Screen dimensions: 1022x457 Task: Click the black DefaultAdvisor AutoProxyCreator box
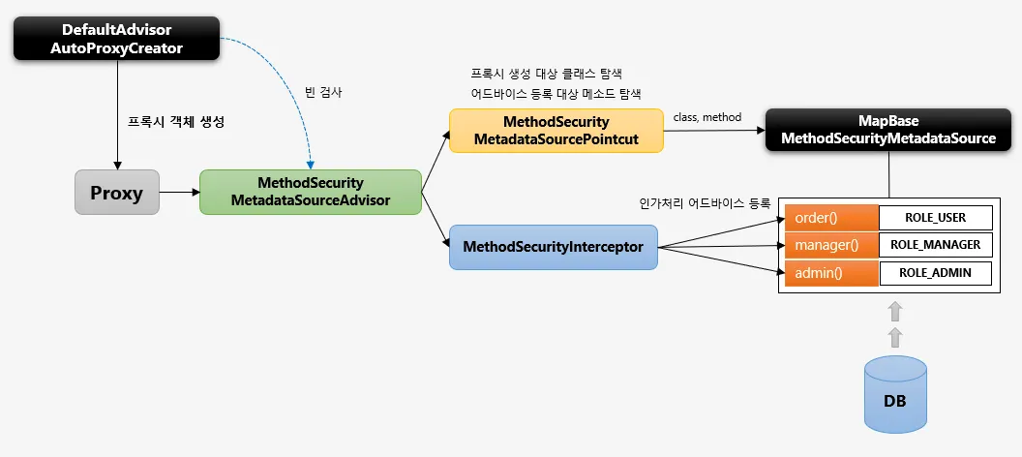(117, 39)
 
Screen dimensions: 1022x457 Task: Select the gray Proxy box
(117, 193)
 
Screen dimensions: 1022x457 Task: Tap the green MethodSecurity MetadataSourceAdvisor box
(311, 193)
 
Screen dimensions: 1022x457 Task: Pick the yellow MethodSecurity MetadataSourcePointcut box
(556, 131)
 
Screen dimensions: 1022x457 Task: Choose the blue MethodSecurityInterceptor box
(554, 247)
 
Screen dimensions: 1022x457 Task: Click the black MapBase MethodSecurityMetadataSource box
(888, 131)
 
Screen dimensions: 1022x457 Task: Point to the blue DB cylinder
(895, 395)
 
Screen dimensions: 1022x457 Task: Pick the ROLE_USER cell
(935, 218)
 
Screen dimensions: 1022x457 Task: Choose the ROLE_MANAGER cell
(935, 245)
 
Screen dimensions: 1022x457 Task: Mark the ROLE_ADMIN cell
(935, 273)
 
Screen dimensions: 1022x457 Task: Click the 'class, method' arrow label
(707, 117)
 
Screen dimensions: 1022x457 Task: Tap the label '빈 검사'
(323, 93)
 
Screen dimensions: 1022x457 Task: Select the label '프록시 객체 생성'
(176, 122)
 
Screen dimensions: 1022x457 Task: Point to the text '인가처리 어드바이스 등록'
(706, 202)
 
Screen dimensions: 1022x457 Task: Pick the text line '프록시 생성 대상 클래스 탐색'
(546, 73)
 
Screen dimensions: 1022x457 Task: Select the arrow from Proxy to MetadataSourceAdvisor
(179, 193)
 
